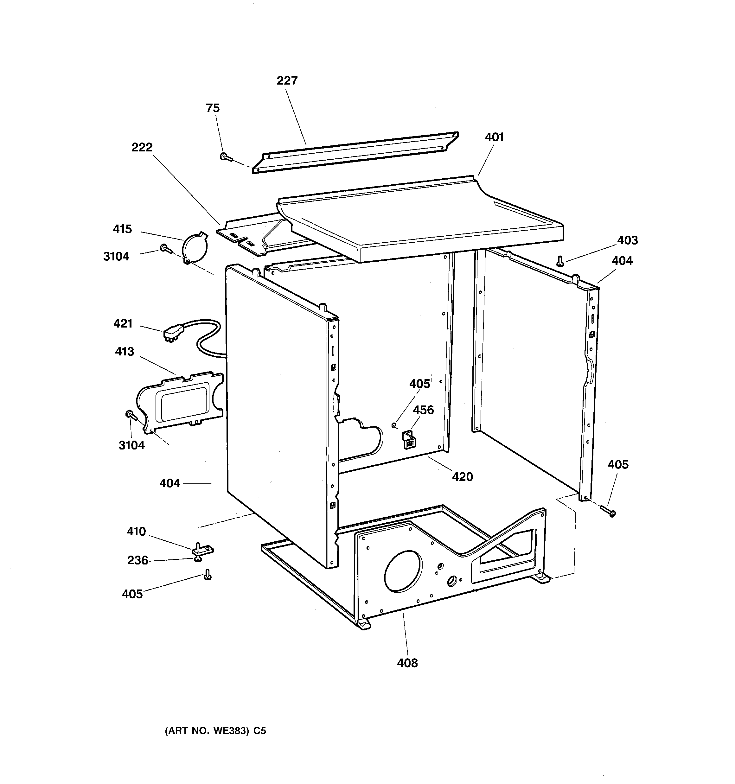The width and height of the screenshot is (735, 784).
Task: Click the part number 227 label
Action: (x=287, y=80)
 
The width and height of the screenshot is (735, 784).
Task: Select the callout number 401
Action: (x=494, y=137)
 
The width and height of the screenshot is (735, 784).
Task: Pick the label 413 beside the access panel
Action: (x=125, y=351)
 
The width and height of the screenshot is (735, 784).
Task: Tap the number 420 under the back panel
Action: (x=462, y=477)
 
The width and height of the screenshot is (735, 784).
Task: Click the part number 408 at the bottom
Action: (x=407, y=663)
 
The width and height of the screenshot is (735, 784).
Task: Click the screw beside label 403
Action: (x=560, y=261)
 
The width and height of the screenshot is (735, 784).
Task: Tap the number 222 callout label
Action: (x=142, y=147)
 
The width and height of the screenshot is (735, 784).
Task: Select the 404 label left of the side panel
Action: (x=169, y=483)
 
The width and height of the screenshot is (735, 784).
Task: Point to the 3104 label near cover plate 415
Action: (x=116, y=256)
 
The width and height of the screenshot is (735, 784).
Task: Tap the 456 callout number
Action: (x=423, y=410)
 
